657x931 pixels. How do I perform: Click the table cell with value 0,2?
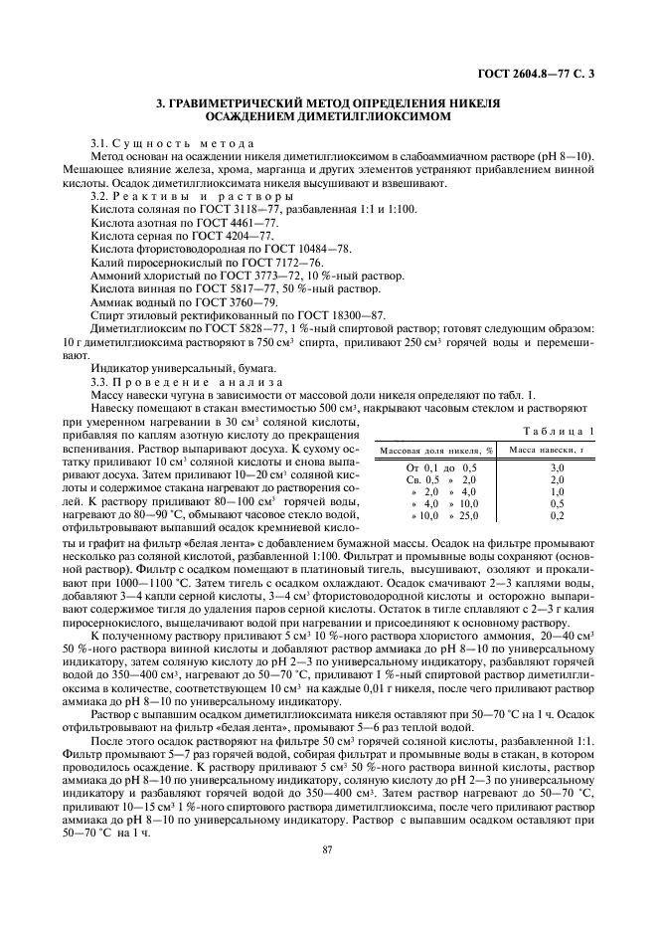557,517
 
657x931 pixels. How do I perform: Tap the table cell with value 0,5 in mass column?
557,504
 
